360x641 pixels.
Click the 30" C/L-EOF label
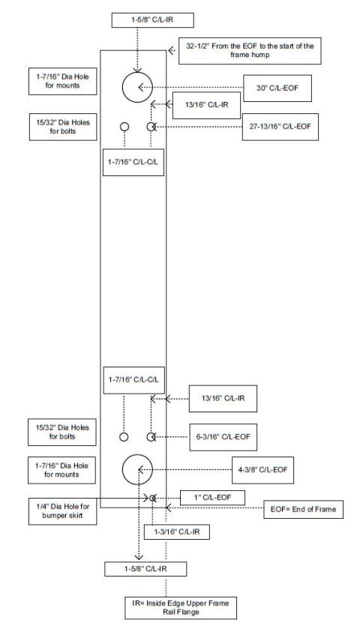point(277,88)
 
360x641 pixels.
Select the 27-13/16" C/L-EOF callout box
point(280,127)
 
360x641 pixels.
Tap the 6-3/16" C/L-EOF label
point(223,437)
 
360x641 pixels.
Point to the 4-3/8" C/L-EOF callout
point(262,470)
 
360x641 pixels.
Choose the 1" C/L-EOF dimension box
point(213,498)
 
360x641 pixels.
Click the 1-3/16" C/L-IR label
point(177,532)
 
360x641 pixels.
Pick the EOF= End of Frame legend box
point(303,509)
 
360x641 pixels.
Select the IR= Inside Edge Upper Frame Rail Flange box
point(181,607)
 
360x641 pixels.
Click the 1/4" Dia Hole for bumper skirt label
point(62,511)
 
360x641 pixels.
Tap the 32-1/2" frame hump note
point(250,51)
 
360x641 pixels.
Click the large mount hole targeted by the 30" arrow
point(137,87)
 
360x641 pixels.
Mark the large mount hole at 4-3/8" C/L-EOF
point(137,470)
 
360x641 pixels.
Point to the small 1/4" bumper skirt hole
point(152,498)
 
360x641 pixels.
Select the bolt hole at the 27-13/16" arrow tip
point(151,127)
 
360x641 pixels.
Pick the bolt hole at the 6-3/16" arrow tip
point(151,437)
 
